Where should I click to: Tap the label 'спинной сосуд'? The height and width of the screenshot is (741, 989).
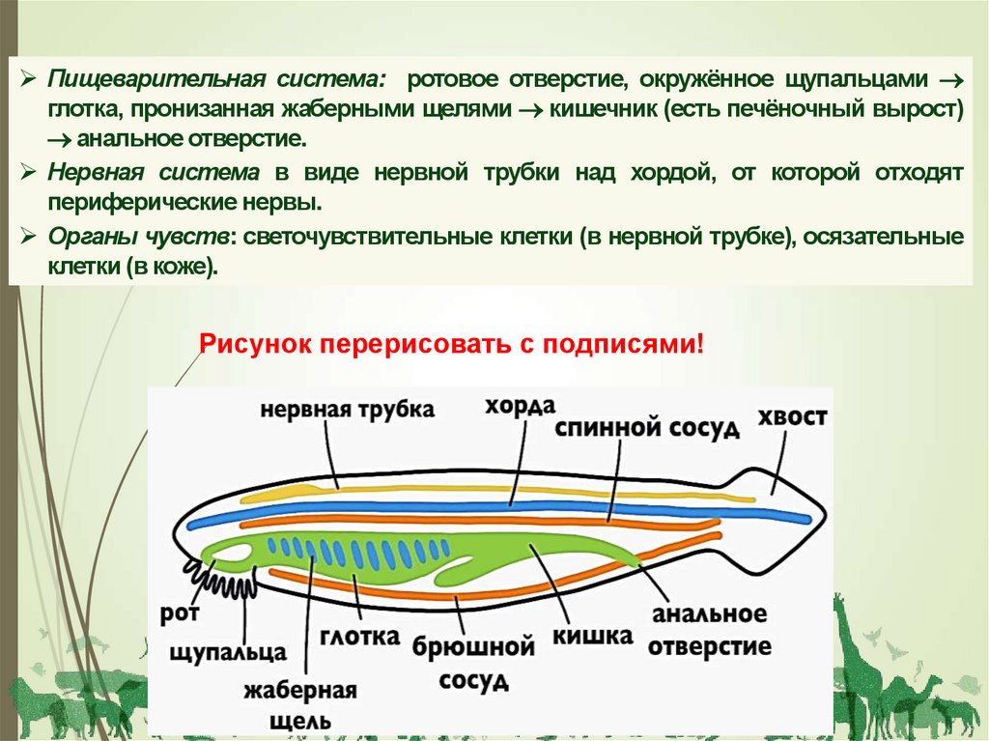(x=647, y=428)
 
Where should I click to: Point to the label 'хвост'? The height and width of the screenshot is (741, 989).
(x=792, y=417)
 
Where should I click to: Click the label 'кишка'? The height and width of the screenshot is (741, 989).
(x=592, y=636)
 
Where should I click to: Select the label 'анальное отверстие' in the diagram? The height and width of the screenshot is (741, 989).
(x=709, y=630)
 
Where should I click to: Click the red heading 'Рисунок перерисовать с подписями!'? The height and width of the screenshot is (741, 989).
(x=452, y=344)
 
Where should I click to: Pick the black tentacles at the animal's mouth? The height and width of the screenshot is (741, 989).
(x=227, y=580)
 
